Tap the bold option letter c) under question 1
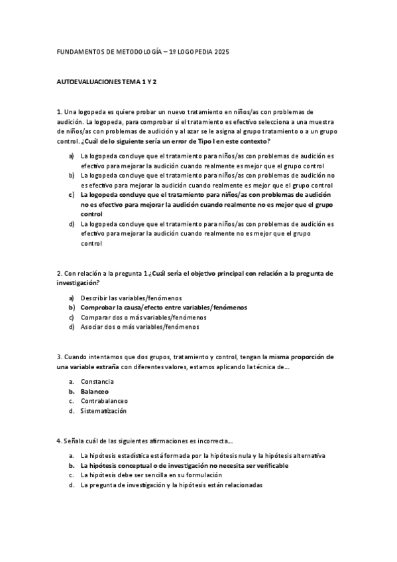(x=71, y=195)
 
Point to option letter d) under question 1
(x=71, y=224)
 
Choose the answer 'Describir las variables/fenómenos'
(x=131, y=298)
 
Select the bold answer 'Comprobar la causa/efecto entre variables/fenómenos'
(x=164, y=308)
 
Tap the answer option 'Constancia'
(x=97, y=382)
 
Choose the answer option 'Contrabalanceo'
(x=104, y=401)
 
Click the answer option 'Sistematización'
(x=103, y=411)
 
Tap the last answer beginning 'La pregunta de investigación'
(x=172, y=485)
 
